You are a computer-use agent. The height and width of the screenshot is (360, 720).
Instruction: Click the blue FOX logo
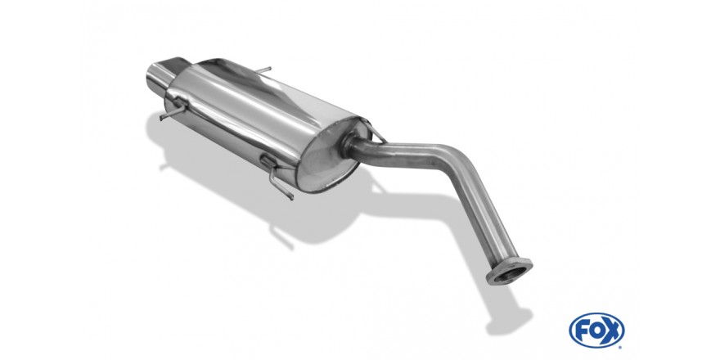tap(596, 331)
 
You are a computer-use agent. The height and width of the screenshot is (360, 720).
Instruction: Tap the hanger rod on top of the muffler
tap(263, 70)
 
